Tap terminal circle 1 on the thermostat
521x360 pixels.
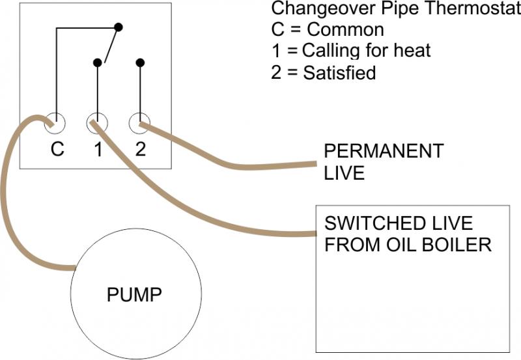(x=97, y=122)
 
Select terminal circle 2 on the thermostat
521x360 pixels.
(x=140, y=122)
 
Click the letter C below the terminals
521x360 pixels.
(x=57, y=150)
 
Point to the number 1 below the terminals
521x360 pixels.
(x=98, y=150)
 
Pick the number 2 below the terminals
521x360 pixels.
(x=140, y=150)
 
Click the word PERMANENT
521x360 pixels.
(x=384, y=152)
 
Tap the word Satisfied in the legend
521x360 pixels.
(x=339, y=72)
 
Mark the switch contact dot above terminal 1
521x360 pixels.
(x=98, y=62)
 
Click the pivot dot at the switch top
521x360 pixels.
(x=118, y=27)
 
